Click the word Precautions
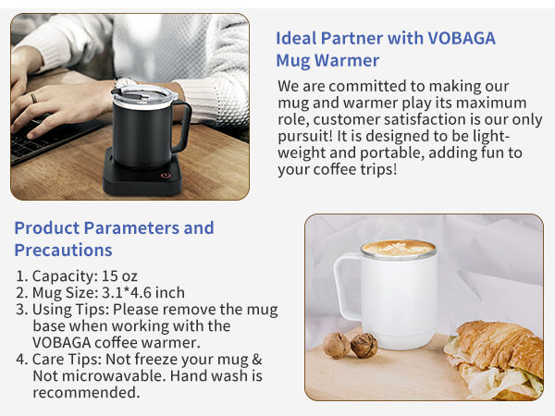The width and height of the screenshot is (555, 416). coord(63,251)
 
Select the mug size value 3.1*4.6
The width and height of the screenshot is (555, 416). coord(137,293)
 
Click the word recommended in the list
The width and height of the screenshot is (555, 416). coord(86,393)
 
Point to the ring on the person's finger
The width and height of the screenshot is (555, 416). coord(32,96)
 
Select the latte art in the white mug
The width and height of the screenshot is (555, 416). coord(399,248)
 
